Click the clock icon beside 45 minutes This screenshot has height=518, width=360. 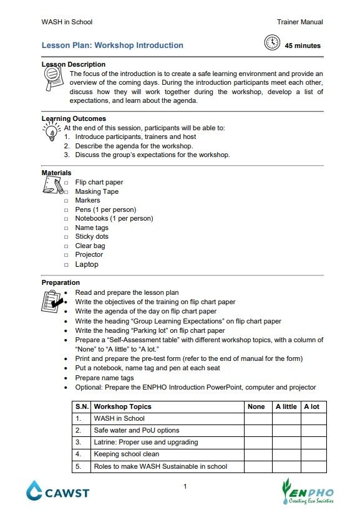click(x=272, y=43)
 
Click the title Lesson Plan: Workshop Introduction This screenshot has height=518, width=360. click(x=112, y=46)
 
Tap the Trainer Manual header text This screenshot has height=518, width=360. click(x=299, y=22)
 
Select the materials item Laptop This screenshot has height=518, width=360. click(x=87, y=264)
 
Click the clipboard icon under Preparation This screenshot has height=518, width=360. click(x=51, y=300)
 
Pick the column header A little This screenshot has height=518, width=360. click(x=286, y=406)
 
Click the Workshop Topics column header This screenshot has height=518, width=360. click(x=122, y=406)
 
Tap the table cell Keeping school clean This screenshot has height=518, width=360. click(x=126, y=454)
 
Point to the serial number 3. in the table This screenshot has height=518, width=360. click(x=79, y=443)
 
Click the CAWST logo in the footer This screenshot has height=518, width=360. click(x=57, y=492)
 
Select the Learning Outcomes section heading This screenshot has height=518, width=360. click(x=74, y=118)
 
